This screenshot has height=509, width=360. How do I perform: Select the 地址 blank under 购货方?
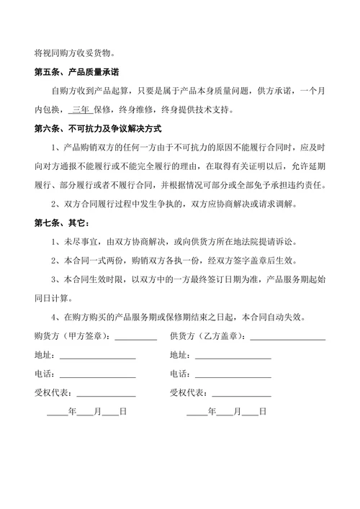(x=97, y=356)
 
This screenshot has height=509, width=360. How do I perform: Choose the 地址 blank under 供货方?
(x=233, y=356)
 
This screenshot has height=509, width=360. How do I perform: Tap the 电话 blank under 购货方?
(x=97, y=374)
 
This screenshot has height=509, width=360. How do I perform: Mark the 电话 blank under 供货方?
(x=233, y=374)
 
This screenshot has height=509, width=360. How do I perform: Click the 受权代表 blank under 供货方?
(x=241, y=393)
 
